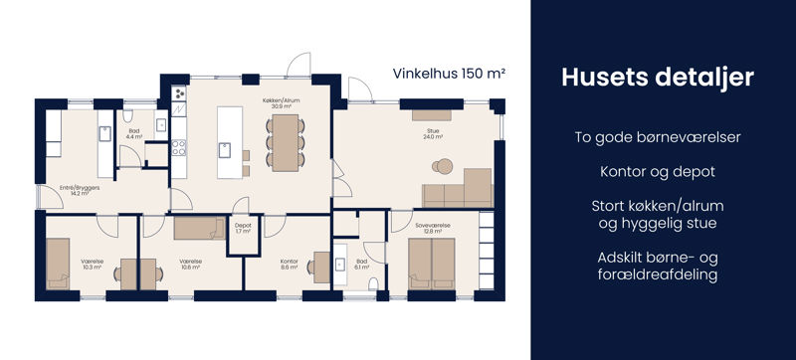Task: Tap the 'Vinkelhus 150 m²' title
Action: pyautogui.click(x=450, y=74)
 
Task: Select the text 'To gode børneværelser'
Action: pyautogui.click(x=657, y=135)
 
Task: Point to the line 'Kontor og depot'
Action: pyautogui.click(x=657, y=171)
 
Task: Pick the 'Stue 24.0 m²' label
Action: pyautogui.click(x=433, y=133)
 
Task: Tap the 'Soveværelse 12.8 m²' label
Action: pyautogui.click(x=433, y=229)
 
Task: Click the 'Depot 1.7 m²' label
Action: pyautogui.click(x=243, y=228)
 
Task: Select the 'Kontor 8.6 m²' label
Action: pyautogui.click(x=290, y=265)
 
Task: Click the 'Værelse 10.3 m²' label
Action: pyautogui.click(x=93, y=265)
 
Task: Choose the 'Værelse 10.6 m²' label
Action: pyautogui.click(x=192, y=265)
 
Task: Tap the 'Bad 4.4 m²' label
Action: pyautogui.click(x=134, y=133)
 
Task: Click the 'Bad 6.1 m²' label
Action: pyautogui.click(x=361, y=265)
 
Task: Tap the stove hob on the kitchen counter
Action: pyautogui.click(x=180, y=149)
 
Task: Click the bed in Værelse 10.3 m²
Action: pyautogui.click(x=58, y=263)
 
